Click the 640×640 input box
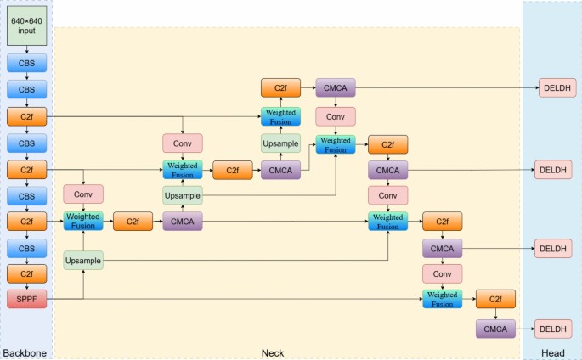click(x=27, y=25)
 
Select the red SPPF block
click(x=27, y=299)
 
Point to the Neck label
click(x=272, y=352)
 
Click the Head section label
click(x=551, y=352)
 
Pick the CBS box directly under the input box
click(x=27, y=63)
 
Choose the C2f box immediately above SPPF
click(x=27, y=273)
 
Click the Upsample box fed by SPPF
click(x=83, y=260)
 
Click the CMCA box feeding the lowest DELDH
click(x=495, y=329)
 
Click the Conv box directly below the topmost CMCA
click(x=336, y=116)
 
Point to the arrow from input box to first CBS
click(x=27, y=50)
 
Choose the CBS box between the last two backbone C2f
click(x=27, y=248)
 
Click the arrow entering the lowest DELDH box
click(x=527, y=329)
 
